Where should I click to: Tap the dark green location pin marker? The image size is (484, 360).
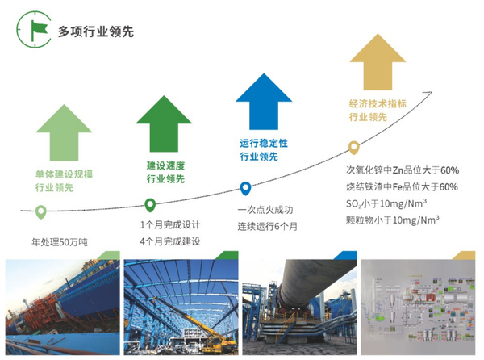point(149,204)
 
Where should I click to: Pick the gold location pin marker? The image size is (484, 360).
point(353,148)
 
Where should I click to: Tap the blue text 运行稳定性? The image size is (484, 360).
point(263,143)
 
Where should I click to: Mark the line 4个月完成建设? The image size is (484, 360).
point(169,241)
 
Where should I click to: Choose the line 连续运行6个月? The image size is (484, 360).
point(267,225)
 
